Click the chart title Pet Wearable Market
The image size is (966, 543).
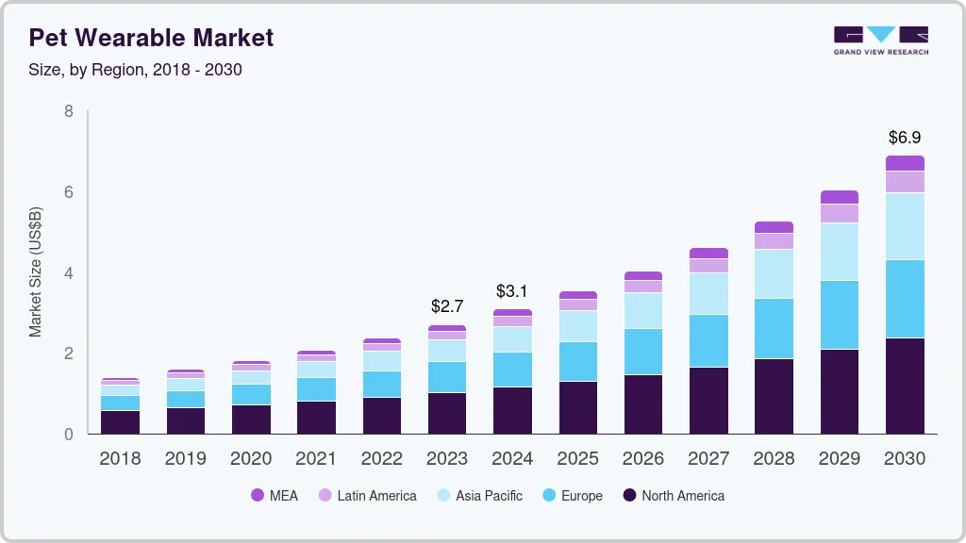151,38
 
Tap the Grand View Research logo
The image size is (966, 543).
880,40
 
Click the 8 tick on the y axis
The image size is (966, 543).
68,111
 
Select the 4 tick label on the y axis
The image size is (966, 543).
68,273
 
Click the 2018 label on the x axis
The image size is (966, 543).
120,459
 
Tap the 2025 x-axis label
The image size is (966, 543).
577,459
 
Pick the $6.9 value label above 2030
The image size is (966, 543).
905,138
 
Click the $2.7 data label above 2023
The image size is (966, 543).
447,306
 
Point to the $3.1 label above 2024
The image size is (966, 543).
512,290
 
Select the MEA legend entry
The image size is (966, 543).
274,495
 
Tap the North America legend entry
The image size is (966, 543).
673,495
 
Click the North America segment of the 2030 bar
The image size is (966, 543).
905,387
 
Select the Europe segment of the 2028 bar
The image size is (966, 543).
774,328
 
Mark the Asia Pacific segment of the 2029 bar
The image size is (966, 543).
839,252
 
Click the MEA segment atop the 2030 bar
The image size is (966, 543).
905,163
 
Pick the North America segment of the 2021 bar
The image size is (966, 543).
316,418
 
